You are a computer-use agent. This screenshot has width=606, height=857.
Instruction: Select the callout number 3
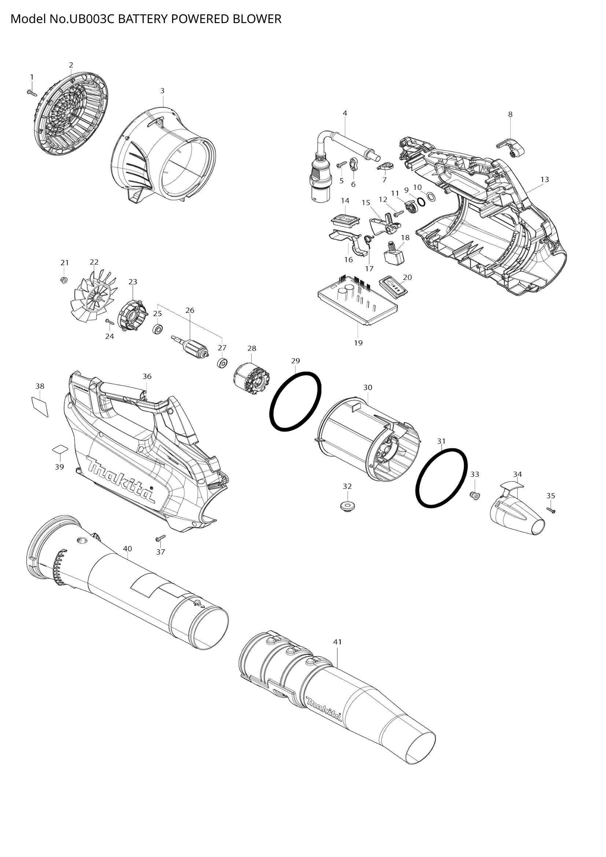(x=162, y=91)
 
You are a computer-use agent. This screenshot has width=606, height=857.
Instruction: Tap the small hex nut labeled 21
(x=63, y=280)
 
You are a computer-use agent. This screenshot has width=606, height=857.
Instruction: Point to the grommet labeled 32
(x=347, y=506)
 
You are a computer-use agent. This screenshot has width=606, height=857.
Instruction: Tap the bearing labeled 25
(x=158, y=329)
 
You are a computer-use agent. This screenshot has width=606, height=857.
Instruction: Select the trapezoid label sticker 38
(x=40, y=407)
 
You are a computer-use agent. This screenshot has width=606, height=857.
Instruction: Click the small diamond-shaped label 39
(x=60, y=449)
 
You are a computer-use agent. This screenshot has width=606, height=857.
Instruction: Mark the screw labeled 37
(x=160, y=539)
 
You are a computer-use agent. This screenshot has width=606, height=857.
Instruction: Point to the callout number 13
(x=544, y=180)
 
